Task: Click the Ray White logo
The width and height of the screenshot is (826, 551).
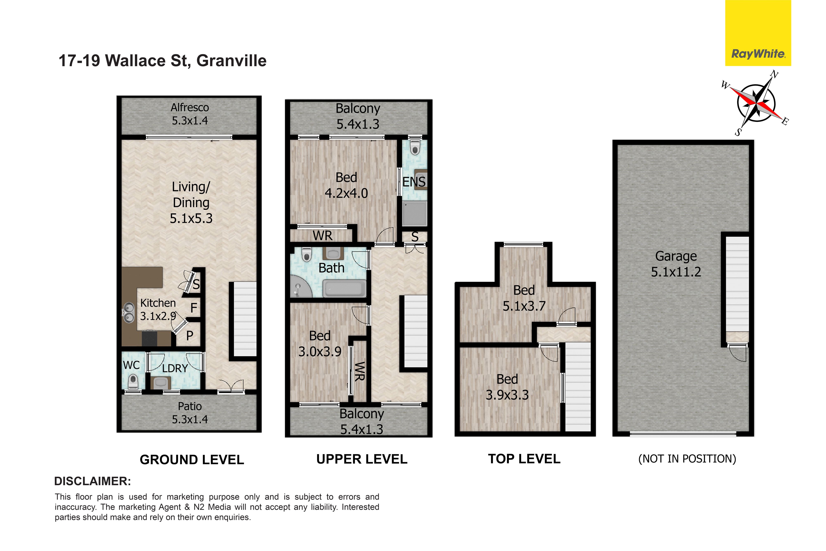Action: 758,33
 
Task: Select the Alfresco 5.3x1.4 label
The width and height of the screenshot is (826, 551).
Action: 190,114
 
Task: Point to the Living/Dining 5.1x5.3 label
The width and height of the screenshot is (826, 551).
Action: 191,202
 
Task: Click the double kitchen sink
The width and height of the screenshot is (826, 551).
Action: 128,313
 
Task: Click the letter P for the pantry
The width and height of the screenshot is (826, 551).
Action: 190,336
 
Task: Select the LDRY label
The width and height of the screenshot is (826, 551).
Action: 175,368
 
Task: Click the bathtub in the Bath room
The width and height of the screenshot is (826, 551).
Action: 344,288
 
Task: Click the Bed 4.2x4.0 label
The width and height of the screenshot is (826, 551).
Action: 346,185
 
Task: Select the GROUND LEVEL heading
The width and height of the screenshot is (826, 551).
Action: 192,460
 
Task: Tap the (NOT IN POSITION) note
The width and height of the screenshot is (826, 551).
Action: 687,459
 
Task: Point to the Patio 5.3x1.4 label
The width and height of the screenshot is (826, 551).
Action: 190,413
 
